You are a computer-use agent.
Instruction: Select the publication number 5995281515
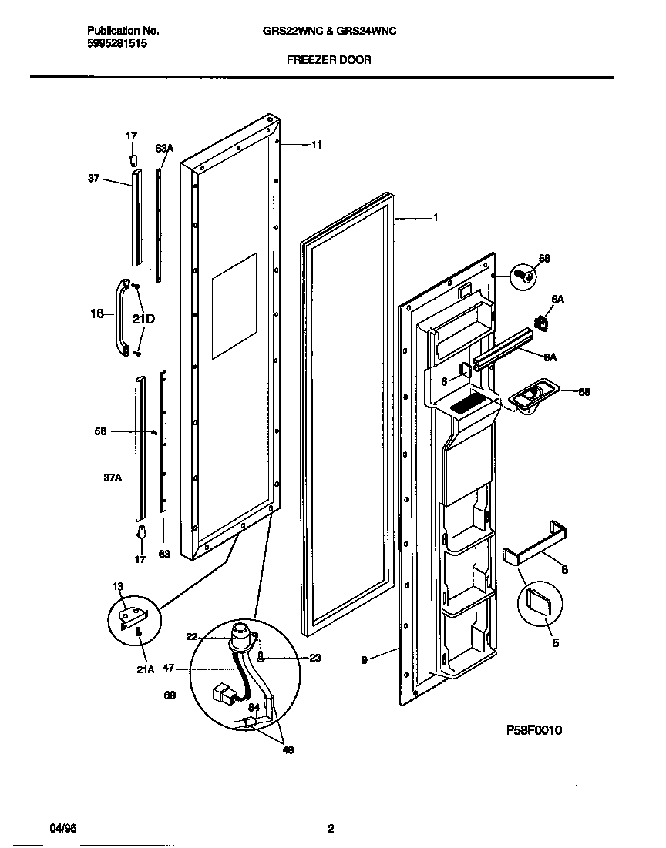pos(116,44)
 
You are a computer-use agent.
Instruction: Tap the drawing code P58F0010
pos(534,729)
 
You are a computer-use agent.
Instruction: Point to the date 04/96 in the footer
pos(63,829)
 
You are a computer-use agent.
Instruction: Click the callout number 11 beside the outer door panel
pos(316,144)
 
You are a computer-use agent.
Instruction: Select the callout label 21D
pos(143,317)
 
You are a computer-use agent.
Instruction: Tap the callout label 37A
pos(113,478)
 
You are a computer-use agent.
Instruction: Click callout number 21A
pos(146,669)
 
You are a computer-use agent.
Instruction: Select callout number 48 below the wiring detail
pos(288,749)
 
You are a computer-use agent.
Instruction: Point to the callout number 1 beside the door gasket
pos(436,218)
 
